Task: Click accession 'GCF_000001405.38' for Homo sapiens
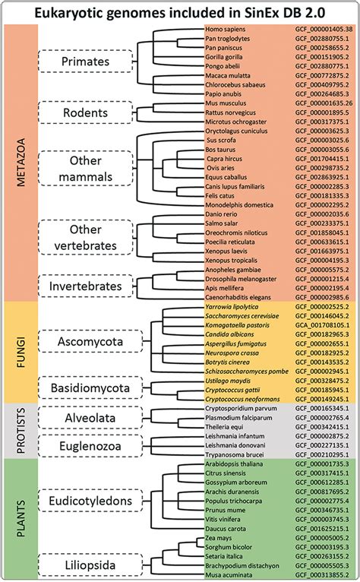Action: [x=322, y=29]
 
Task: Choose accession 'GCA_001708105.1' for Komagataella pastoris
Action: [x=321, y=324]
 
